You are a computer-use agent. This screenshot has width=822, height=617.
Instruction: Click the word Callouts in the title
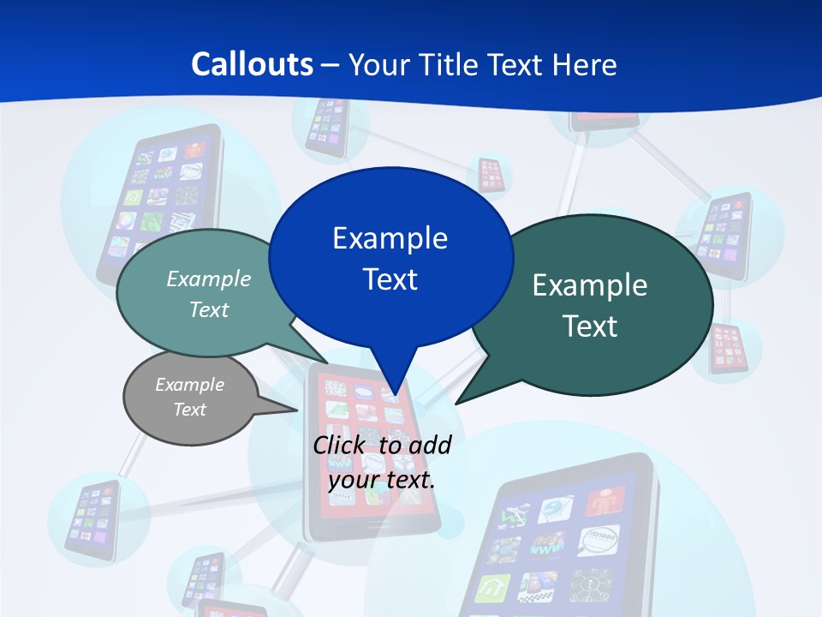pyautogui.click(x=252, y=64)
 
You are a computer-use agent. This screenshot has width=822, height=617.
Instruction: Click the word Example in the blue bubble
pyautogui.click(x=390, y=238)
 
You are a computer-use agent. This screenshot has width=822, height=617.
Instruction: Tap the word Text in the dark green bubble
pyautogui.click(x=590, y=326)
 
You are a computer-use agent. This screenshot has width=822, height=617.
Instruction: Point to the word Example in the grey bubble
pyautogui.click(x=189, y=385)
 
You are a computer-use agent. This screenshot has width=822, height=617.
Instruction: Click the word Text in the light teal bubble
pyautogui.click(x=209, y=309)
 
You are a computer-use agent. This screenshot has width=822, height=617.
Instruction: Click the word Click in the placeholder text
pyautogui.click(x=341, y=445)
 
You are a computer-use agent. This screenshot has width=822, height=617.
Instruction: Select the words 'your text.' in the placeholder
pyautogui.click(x=382, y=480)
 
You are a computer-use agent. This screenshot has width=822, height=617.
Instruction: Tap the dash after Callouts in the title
pyautogui.click(x=331, y=65)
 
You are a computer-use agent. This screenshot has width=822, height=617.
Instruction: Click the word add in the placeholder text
pyautogui.click(x=431, y=445)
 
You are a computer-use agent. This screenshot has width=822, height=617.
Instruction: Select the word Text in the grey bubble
pyautogui.click(x=189, y=410)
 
